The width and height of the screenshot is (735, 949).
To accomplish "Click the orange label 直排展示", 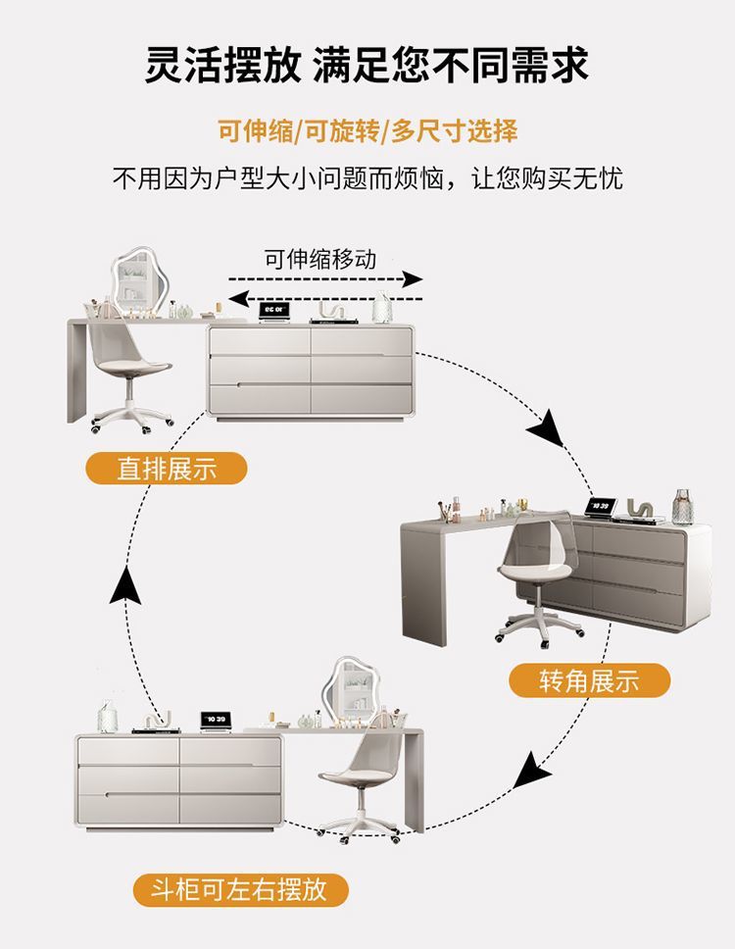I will (167, 470).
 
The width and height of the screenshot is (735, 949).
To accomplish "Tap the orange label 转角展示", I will (589, 679).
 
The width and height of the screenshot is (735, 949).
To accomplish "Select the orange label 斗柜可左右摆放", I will (241, 890).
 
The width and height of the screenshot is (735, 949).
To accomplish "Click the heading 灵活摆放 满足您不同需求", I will (367, 64).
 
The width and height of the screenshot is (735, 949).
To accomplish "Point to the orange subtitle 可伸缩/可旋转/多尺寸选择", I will (367, 130).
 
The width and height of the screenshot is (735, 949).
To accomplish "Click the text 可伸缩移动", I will (319, 259).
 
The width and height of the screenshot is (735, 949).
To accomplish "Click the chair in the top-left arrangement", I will (127, 373).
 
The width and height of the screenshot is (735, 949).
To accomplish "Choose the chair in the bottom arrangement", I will (358, 784).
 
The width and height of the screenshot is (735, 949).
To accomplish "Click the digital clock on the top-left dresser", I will (271, 311).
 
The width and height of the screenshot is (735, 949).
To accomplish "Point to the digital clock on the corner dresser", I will (598, 506).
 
